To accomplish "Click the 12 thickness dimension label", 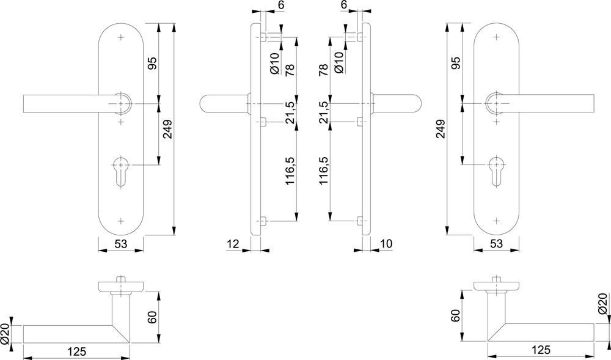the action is [x=233, y=244].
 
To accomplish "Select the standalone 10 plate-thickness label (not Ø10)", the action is [x=386, y=244].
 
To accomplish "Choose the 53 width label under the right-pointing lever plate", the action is [x=496, y=244].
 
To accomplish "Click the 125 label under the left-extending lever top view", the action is [x=76, y=351].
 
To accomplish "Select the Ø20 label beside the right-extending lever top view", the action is [x=602, y=304].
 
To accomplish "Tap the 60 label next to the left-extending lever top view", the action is [x=152, y=317].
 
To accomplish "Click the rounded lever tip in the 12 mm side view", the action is [x=203, y=104].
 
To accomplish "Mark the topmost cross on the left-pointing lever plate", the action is [x=121, y=37].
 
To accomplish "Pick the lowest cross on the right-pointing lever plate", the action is [x=496, y=221].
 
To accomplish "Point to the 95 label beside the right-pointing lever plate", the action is [x=456, y=63].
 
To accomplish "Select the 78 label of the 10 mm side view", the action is [x=323, y=70].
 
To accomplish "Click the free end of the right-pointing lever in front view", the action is [x=593, y=103].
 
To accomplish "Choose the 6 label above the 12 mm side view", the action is [x=282, y=5].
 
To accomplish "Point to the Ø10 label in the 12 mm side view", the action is [x=275, y=63].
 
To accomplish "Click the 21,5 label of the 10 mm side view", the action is [x=323, y=112].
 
